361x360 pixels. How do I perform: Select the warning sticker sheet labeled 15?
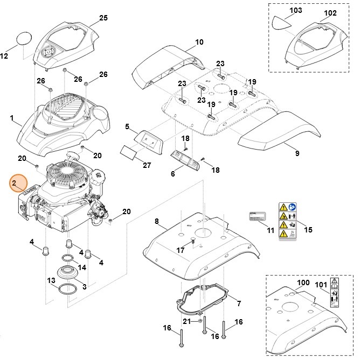pos(287,221)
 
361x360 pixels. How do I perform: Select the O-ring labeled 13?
pos(67,290)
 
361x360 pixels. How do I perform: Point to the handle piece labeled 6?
pos(184,159)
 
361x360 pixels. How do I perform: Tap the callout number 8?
pos(157,221)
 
